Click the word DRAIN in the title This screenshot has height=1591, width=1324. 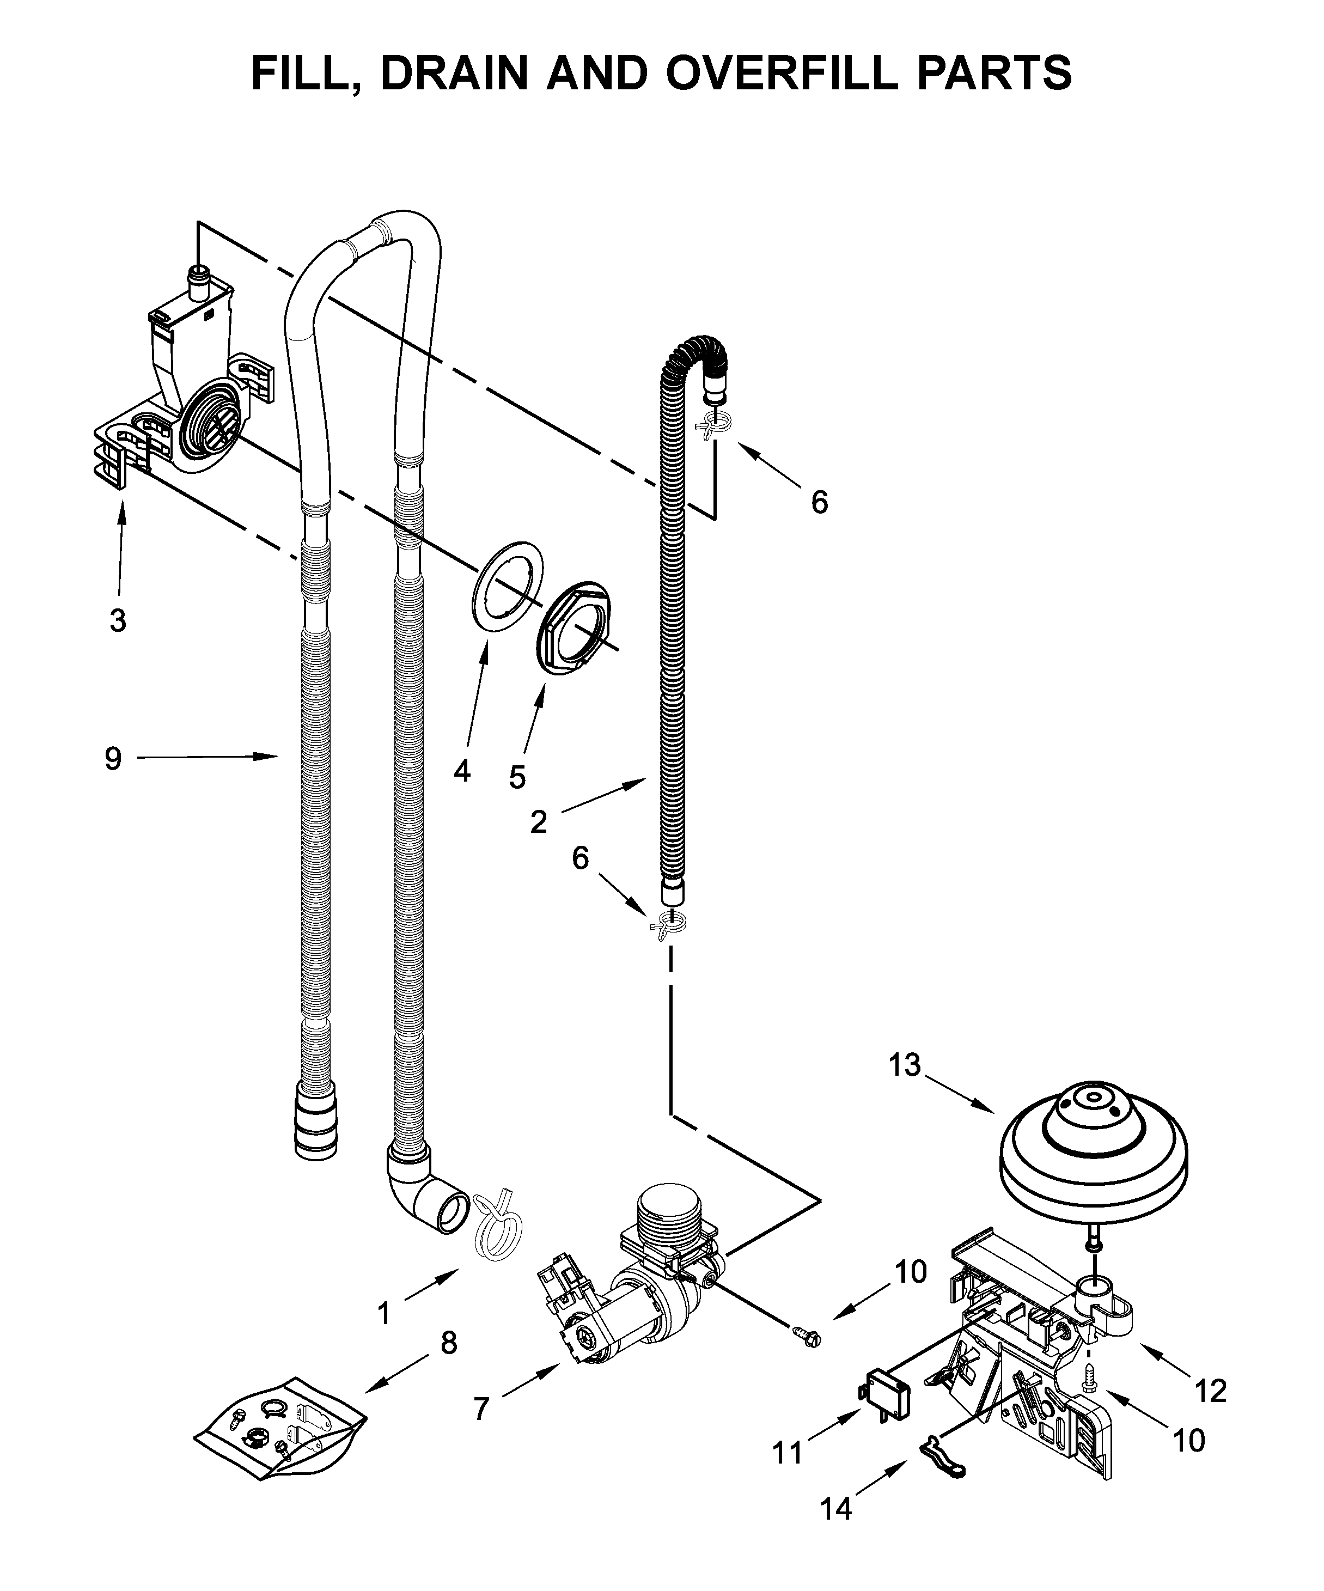coord(454,74)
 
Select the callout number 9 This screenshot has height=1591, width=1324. coord(113,758)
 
